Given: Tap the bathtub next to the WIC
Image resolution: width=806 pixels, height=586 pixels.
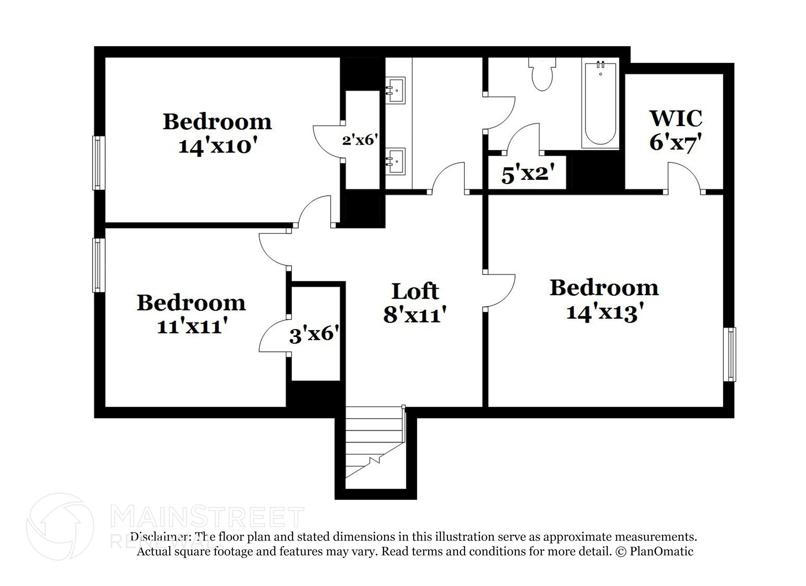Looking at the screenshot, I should (600, 104).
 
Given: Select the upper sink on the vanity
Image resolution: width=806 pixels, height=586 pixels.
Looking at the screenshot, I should (395, 90).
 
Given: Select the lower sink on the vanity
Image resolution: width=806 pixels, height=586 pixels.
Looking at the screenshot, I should (395, 161).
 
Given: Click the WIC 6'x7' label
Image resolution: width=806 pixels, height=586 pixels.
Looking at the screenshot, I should (675, 130).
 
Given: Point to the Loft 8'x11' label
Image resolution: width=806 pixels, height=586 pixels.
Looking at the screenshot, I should (415, 303).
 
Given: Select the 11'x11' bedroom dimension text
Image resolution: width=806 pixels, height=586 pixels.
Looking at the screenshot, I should (192, 326).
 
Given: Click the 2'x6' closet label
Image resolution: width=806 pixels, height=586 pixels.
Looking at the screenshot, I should (360, 139).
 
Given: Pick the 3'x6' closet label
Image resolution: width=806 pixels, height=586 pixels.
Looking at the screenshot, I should (314, 335).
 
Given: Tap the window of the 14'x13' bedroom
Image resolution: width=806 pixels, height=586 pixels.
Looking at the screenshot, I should (730, 354).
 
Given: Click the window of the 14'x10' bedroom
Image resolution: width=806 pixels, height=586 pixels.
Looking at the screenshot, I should (98, 163).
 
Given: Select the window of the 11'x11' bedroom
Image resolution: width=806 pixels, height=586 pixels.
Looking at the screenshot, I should (98, 265).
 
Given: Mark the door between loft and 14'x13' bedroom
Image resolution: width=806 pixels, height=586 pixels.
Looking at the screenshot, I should (499, 290).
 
